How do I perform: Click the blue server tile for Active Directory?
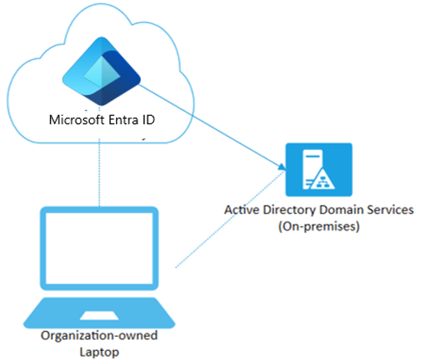click(319, 169)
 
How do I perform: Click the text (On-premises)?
click(319, 227)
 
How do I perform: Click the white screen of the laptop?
click(99, 251)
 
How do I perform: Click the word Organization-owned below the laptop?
click(99, 336)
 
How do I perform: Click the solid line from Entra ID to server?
click(213, 126)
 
